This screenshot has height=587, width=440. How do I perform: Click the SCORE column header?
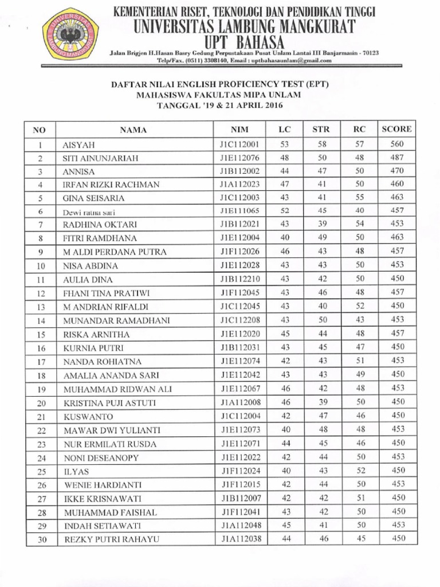click(396, 130)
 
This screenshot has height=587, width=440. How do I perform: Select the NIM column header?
click(239, 130)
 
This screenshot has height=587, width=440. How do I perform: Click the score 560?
click(396, 144)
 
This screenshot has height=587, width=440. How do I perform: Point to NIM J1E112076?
click(239, 158)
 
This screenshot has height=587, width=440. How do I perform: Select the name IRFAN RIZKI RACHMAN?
click(111, 185)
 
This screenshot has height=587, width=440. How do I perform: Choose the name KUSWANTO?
click(88, 417)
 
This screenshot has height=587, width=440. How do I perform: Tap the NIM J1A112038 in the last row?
click(239, 538)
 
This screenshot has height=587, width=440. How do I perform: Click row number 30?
click(41, 539)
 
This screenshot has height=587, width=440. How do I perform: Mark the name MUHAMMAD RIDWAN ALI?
click(117, 389)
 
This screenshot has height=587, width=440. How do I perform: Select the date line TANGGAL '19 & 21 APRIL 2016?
click(221, 105)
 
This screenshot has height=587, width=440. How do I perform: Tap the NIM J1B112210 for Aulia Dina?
click(239, 280)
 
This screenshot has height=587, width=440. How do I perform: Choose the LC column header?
click(285, 130)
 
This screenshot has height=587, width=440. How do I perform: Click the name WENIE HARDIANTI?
click(103, 485)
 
